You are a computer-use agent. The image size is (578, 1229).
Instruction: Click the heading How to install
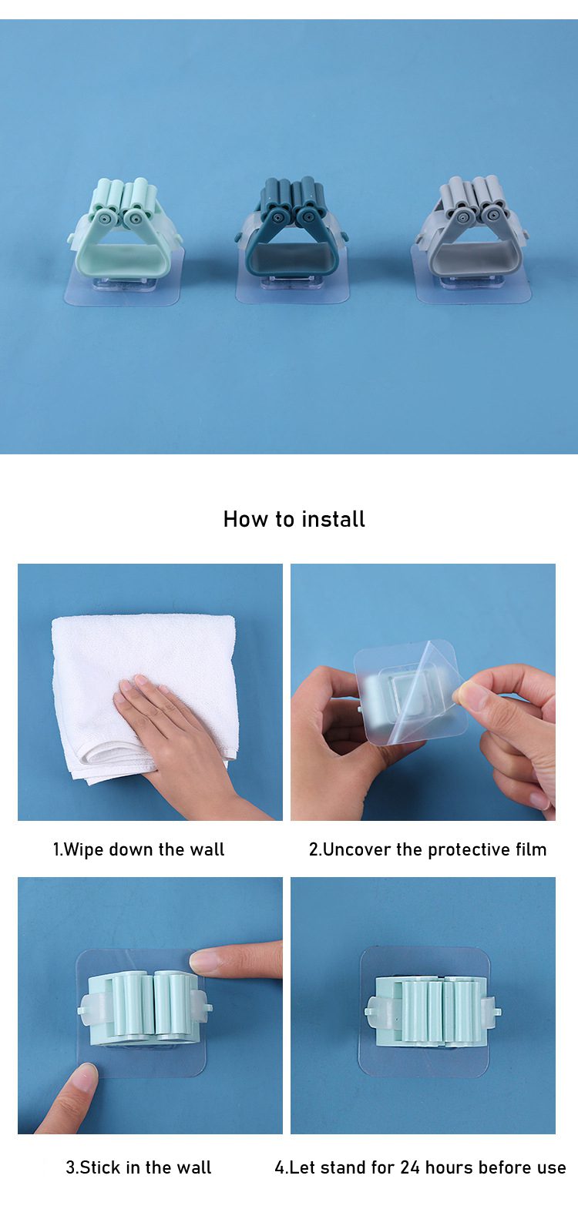click(x=294, y=519)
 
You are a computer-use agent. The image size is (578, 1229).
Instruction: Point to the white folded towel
click(x=144, y=692)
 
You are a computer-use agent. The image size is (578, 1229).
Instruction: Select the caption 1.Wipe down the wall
click(x=138, y=849)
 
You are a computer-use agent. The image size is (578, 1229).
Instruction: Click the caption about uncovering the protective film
click(x=428, y=849)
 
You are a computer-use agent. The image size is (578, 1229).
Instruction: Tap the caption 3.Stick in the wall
click(x=138, y=1167)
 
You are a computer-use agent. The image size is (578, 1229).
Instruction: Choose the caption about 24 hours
click(x=421, y=1167)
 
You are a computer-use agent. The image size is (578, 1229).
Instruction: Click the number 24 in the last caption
click(x=410, y=1167)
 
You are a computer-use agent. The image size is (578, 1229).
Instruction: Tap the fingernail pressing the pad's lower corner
click(x=85, y=1077)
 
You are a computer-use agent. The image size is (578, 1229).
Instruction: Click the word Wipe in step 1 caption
click(x=84, y=850)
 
